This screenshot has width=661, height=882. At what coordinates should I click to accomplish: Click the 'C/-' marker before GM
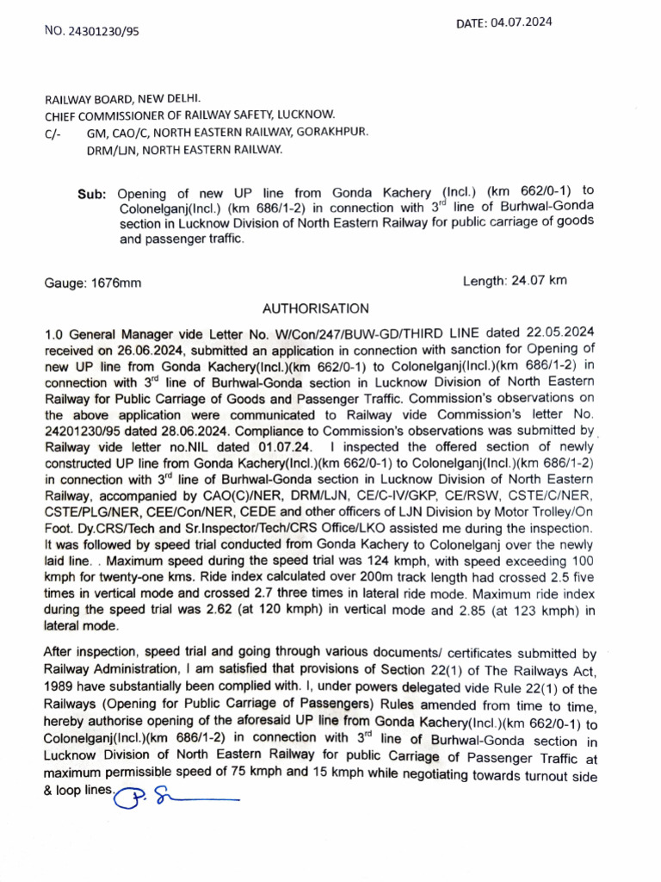pos(53,134)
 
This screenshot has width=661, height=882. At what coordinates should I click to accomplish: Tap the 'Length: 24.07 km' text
pos(515,280)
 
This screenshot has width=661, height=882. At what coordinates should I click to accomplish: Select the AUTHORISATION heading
pos(315,308)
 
